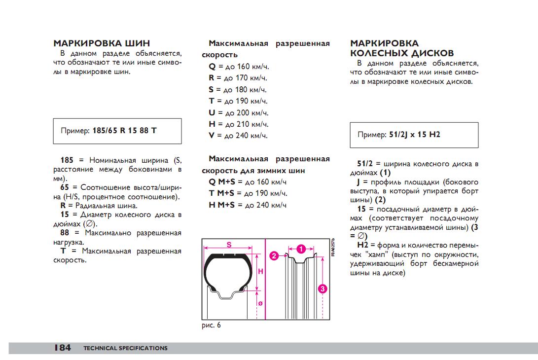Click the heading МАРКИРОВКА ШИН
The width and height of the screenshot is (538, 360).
102,43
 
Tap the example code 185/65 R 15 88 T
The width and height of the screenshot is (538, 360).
124,131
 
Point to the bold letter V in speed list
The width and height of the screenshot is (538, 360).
212,135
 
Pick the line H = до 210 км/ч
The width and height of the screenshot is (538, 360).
238,124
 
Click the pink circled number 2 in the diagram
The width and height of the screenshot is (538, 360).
275,255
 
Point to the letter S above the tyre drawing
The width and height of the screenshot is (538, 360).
229,244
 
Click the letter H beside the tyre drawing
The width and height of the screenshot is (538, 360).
260,271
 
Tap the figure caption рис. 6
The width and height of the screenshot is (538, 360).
212,325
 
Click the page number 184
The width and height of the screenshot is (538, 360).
62,348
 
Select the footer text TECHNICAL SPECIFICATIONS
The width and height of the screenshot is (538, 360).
125,348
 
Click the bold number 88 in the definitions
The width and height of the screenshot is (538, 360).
65,233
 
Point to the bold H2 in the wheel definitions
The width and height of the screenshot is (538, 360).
363,245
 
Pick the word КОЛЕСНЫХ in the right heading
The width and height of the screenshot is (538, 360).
377,53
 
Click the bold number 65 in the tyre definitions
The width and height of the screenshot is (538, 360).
65,187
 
